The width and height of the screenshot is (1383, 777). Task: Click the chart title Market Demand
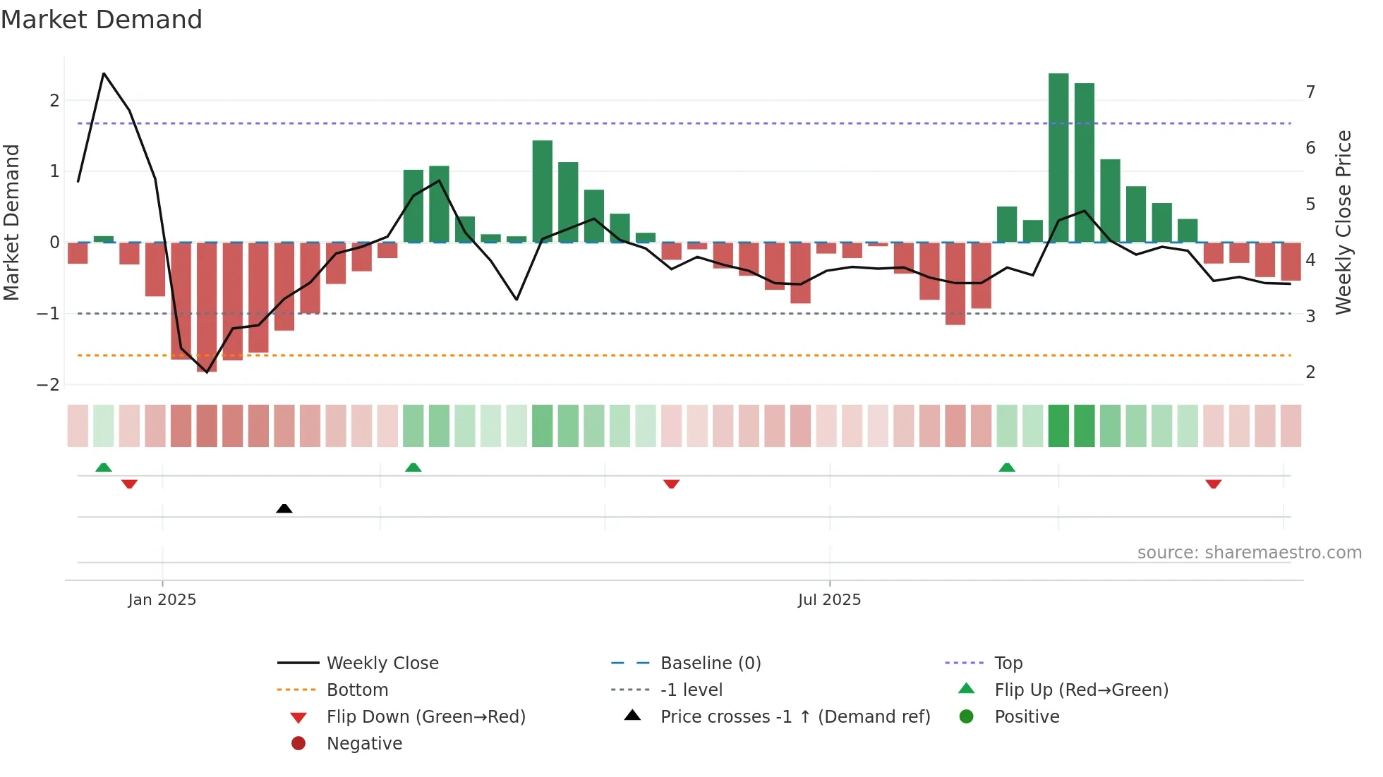pos(102,20)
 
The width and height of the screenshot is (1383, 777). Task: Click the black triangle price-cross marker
pos(284,508)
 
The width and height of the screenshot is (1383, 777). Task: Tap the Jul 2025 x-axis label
pos(829,600)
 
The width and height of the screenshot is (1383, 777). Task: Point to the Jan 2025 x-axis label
pos(162,600)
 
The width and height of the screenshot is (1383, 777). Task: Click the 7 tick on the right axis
pos(1310,92)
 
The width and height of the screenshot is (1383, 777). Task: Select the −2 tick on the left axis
pos(49,385)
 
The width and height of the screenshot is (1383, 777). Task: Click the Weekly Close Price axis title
pos(1343,222)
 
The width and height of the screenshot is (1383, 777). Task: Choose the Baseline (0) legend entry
pos(710,663)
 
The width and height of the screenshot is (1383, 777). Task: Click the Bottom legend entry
pos(357,690)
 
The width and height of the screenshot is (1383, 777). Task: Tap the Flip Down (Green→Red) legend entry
pos(425,717)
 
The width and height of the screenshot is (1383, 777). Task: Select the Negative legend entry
pos(364,744)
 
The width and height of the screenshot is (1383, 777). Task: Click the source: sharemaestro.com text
pos(1249,553)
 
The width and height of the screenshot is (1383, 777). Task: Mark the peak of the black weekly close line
pos(104,73)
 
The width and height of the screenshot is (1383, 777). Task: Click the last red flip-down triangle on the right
pos(1213,484)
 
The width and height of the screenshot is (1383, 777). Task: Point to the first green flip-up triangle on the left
pos(104,467)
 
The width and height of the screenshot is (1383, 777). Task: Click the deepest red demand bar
pos(207,307)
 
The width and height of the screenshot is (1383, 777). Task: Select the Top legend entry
pos(1008,663)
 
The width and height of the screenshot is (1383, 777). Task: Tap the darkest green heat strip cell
pos(1058,426)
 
